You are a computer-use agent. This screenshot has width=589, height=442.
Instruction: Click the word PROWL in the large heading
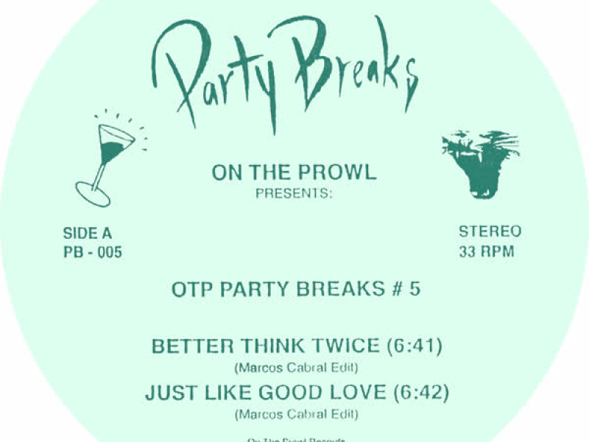[341, 172]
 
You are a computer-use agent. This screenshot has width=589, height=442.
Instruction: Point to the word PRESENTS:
[294, 195]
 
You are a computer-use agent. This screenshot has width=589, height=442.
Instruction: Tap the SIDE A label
[88, 234]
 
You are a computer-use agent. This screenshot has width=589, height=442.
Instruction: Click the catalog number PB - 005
[93, 253]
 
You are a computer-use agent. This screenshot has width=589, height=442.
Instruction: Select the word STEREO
[490, 231]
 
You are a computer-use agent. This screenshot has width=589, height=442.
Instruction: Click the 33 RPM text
[486, 251]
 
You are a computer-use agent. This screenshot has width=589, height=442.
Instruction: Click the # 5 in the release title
[409, 290]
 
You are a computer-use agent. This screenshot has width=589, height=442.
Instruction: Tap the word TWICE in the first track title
[347, 345]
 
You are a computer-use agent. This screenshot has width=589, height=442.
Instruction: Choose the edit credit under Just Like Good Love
[295, 415]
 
